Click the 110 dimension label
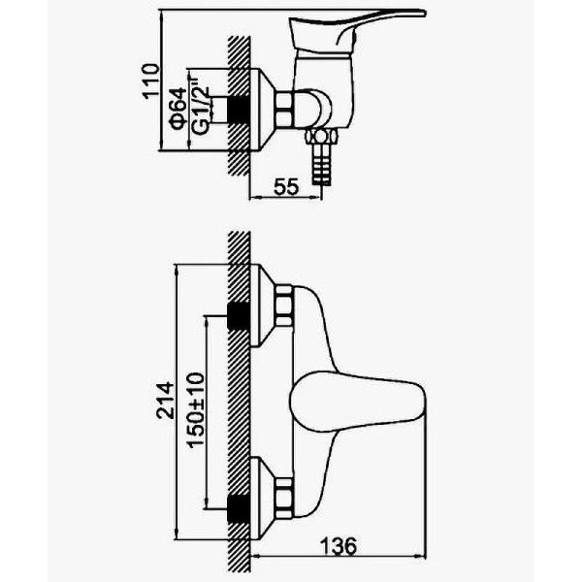pos(151,81)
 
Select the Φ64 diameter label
pos(178,108)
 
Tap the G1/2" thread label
pos(201,107)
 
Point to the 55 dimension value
pos(286,186)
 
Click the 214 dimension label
pos(165,401)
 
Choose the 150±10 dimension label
pos(196,410)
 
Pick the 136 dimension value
pos(339,546)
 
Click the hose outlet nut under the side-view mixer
pos(321,136)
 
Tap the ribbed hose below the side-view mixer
pos(321,164)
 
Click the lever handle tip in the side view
pos(423,13)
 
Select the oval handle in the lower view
pos(357,402)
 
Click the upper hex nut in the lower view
pos(284,306)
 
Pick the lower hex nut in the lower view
pos(284,499)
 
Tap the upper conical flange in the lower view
pos(262,306)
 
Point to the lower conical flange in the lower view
pos(262,499)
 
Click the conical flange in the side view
pos(262,111)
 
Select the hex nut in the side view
pos(284,111)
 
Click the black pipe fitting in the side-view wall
pos(238,111)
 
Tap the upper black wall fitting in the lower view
pos(238,316)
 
